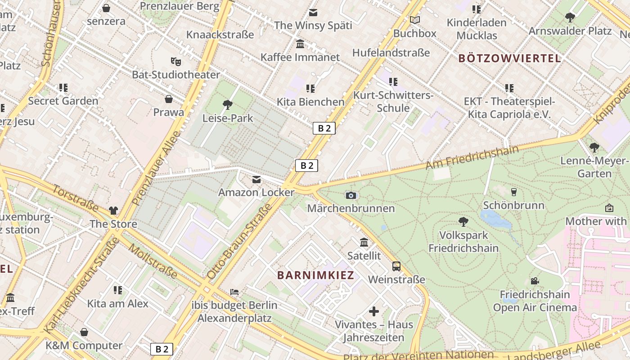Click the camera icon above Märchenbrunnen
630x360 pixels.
point(351,195)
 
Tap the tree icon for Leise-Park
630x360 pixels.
point(228,105)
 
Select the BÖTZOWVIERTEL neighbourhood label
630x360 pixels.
point(509,58)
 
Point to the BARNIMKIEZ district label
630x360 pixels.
point(315,275)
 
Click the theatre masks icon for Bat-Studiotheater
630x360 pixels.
point(175,61)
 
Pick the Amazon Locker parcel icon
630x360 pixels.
point(256,180)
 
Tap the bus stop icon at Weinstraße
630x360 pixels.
point(396,266)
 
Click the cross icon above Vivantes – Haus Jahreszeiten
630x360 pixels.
point(374,311)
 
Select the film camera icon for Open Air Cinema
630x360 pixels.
point(535,281)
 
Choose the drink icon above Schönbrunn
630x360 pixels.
point(514,192)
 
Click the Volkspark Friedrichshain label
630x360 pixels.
point(463,242)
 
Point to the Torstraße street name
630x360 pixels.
point(75,198)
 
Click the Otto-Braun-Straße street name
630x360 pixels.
point(240,241)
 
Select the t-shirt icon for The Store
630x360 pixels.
point(113,211)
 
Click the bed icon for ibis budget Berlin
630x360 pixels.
point(234,292)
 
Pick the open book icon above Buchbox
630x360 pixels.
point(415,20)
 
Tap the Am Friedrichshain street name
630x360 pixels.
point(472,157)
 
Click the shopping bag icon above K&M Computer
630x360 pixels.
point(84,333)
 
